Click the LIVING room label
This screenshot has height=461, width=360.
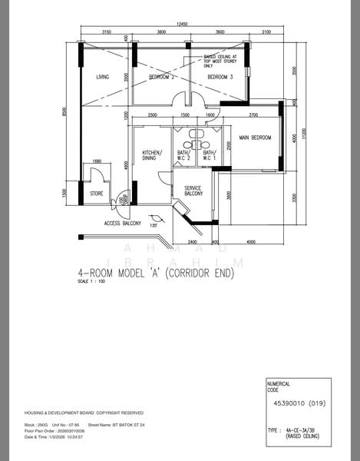(103, 78)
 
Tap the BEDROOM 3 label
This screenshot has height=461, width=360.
(220, 78)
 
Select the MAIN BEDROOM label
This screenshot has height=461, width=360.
(255, 138)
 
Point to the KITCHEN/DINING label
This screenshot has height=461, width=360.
(152, 157)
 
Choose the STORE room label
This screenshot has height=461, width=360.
(97, 194)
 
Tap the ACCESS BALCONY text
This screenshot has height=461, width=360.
(122, 224)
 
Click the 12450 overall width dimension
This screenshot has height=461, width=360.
(181, 25)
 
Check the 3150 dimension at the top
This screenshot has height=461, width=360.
(107, 32)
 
